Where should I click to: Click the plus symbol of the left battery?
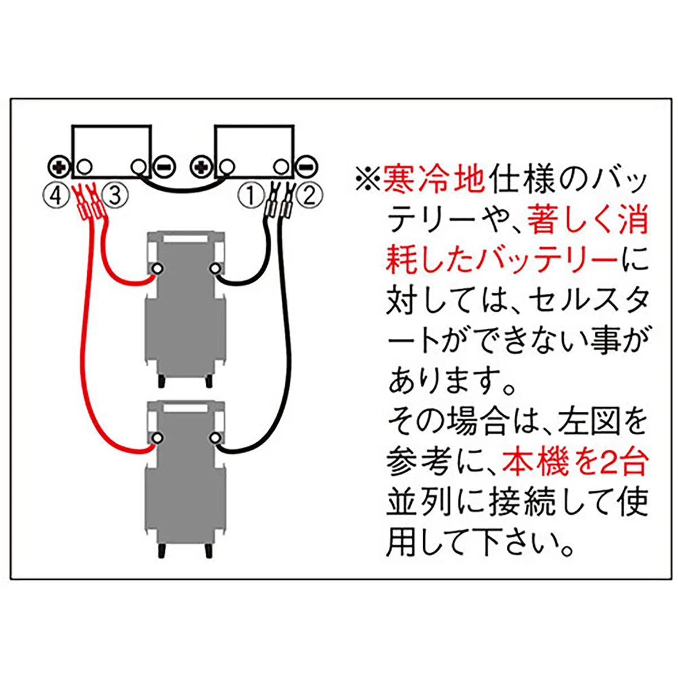tap(58, 167)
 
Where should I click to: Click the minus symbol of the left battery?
tap(164, 167)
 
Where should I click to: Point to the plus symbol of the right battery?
tap(201, 167)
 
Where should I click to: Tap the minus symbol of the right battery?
tap(307, 167)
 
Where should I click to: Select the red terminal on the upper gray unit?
tap(156, 269)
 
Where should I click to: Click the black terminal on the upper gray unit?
tap(214, 269)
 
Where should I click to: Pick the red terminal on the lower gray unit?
tap(156, 438)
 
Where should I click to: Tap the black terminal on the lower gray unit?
tap(214, 438)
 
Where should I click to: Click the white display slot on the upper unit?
tap(185, 238)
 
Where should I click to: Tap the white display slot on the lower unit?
tap(185, 408)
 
